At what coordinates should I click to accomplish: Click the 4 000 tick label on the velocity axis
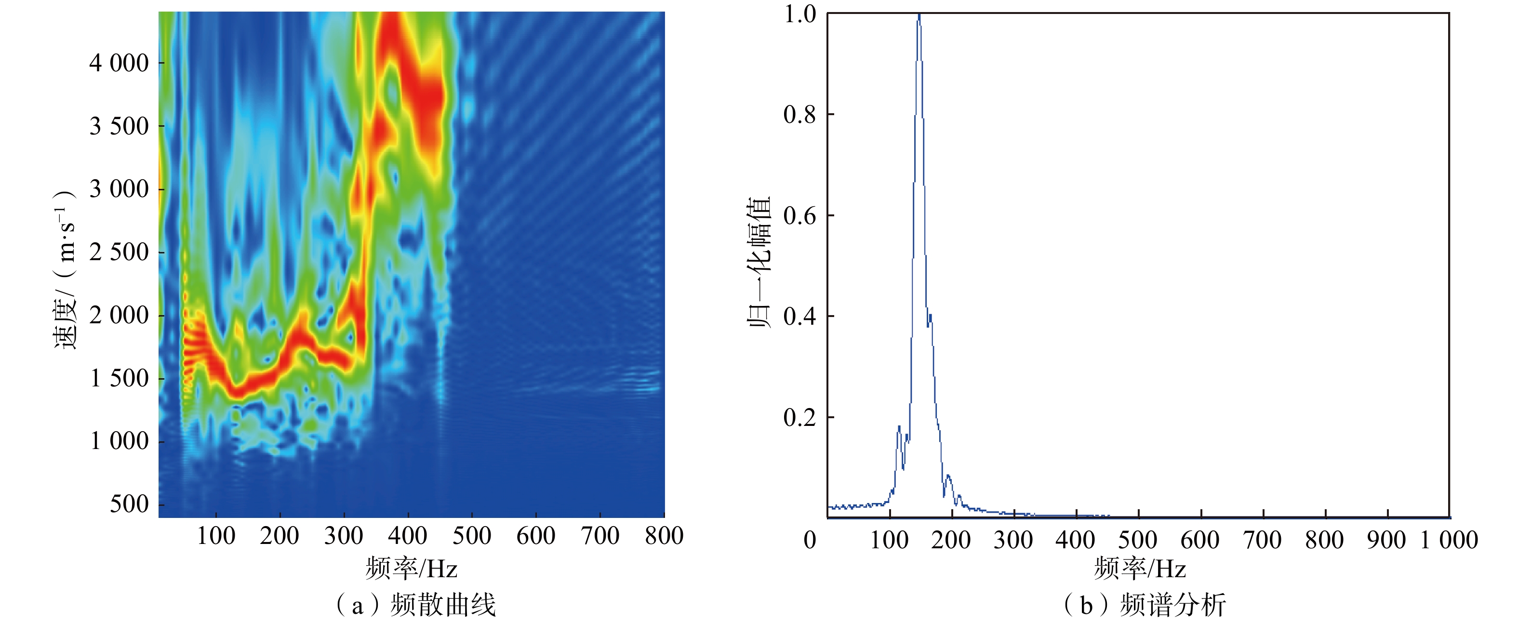click(119, 63)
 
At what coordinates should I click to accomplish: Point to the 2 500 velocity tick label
click(119, 252)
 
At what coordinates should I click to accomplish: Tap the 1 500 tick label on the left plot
click(119, 379)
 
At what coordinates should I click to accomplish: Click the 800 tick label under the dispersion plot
click(664, 537)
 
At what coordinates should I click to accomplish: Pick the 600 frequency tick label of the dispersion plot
click(536, 537)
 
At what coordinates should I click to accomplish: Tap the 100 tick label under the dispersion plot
click(216, 537)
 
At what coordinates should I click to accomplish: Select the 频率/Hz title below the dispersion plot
click(412, 569)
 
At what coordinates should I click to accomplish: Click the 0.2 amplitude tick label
click(799, 418)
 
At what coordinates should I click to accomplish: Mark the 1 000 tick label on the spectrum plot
click(1449, 540)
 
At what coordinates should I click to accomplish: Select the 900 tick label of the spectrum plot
click(1386, 540)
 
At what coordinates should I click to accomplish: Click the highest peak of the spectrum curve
click(919, 16)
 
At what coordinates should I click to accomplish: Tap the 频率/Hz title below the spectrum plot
click(1140, 569)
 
